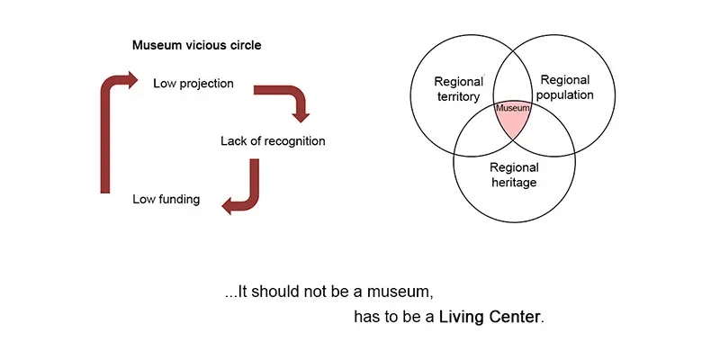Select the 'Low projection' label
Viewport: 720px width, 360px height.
click(193, 84)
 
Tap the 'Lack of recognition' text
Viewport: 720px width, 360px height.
click(273, 141)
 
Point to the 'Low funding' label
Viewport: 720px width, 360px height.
click(166, 198)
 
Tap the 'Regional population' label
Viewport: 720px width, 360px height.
click(565, 87)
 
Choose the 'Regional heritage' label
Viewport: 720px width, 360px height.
click(514, 175)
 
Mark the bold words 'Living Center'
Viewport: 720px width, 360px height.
click(490, 319)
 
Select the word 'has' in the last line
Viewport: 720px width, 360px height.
click(371, 319)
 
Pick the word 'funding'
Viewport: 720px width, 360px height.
click(179, 198)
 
